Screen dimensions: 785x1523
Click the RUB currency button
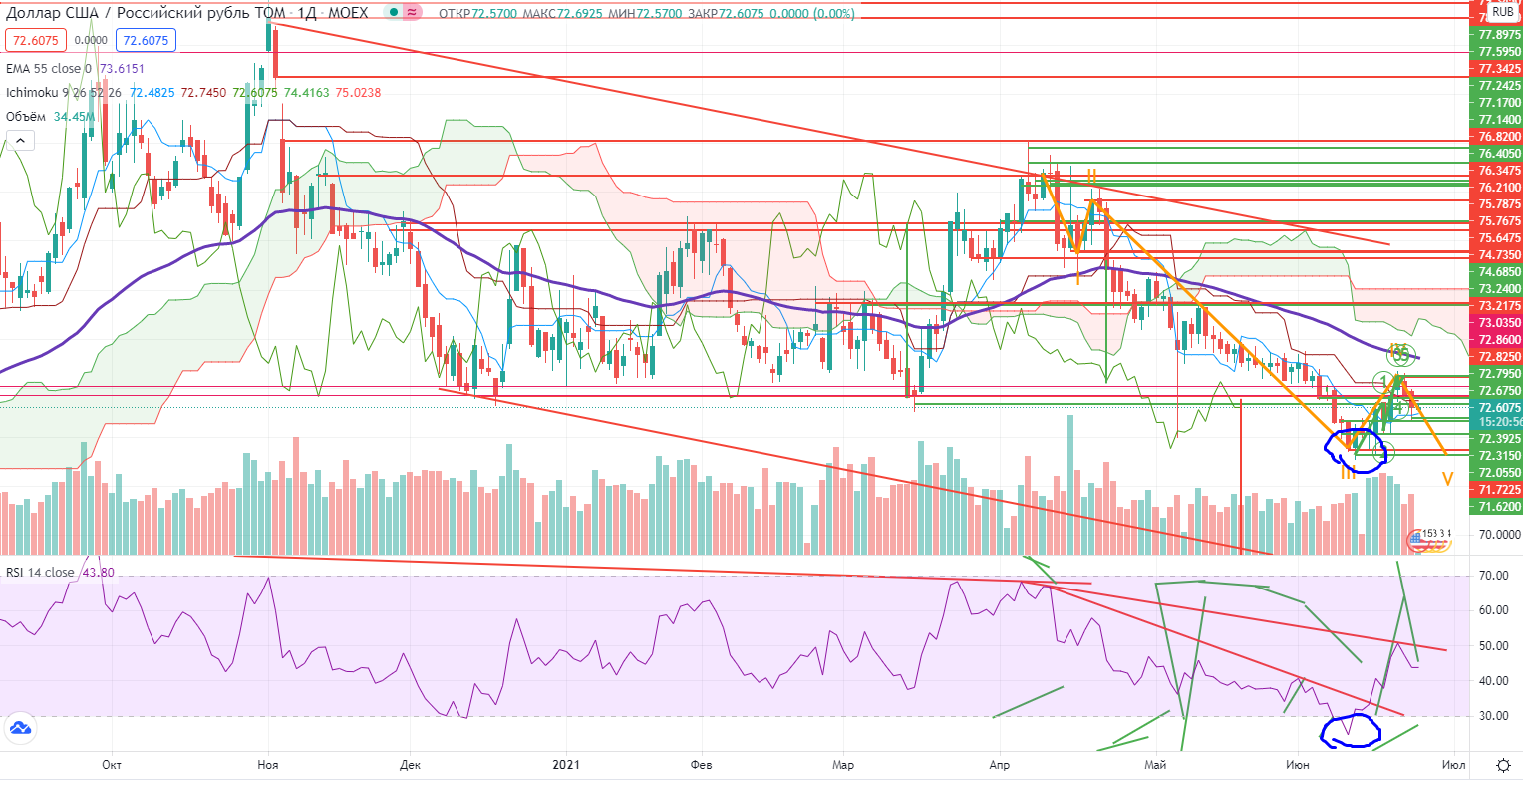1502,12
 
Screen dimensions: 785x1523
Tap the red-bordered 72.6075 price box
36,41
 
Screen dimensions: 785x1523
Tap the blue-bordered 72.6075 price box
146,41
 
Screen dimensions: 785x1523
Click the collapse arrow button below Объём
19,142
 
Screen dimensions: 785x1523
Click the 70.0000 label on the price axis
1499,535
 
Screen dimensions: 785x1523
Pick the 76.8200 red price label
1498,137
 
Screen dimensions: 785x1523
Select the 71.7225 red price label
1498,490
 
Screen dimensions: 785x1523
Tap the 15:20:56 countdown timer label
1499,422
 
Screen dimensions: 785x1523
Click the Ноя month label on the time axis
267,765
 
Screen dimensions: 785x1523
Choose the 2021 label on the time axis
565,765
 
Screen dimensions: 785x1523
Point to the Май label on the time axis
1155,765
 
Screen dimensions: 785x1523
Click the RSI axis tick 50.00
1492,646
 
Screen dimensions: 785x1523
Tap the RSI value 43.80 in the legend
97,573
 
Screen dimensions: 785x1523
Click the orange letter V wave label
1447,480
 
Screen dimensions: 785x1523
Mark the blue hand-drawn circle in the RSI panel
1350,731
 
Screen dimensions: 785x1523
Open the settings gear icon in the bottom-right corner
1504,765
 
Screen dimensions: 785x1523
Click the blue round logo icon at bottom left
19,729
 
